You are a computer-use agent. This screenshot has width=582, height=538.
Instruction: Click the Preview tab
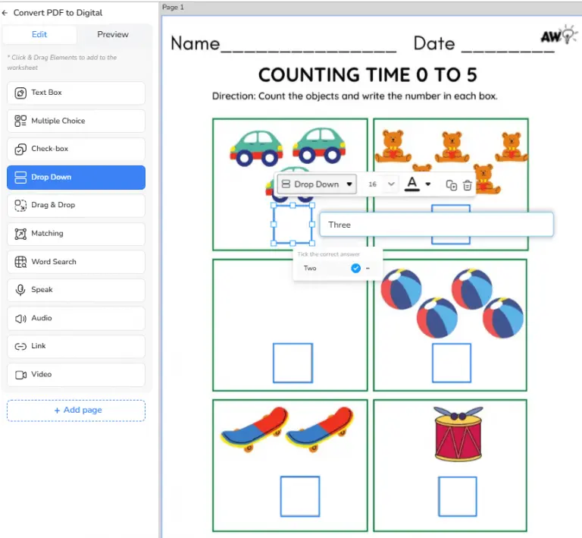coord(113,35)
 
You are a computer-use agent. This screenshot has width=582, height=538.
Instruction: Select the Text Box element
coord(76,93)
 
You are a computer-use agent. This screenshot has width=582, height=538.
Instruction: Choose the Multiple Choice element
coord(76,121)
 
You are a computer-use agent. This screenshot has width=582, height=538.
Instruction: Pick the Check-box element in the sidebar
coord(76,149)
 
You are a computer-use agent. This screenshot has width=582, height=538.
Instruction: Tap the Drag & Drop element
coord(76,205)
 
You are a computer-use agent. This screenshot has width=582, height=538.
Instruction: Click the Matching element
coord(76,234)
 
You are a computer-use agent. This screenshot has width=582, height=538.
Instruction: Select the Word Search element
coord(76,262)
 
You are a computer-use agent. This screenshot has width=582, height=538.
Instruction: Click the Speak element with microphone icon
coord(76,290)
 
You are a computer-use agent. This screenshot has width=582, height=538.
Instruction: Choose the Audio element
coord(76,319)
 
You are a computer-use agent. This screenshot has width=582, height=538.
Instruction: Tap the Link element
coord(76,346)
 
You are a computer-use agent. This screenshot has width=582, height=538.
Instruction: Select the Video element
coord(76,375)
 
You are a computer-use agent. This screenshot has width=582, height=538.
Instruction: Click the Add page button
coord(76,411)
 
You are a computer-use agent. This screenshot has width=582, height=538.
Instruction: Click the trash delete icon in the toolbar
coord(468,184)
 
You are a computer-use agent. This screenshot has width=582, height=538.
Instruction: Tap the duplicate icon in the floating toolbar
coord(451,184)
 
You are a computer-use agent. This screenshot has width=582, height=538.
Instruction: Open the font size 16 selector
coord(381,184)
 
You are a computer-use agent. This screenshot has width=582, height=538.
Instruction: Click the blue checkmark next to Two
coord(355,269)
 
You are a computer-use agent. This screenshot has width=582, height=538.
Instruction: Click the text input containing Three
coord(436,225)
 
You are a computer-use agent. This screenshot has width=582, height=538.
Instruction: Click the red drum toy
coord(458,433)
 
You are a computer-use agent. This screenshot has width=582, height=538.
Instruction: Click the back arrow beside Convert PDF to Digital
coord(5,13)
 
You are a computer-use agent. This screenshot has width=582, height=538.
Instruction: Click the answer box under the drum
coord(458,497)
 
